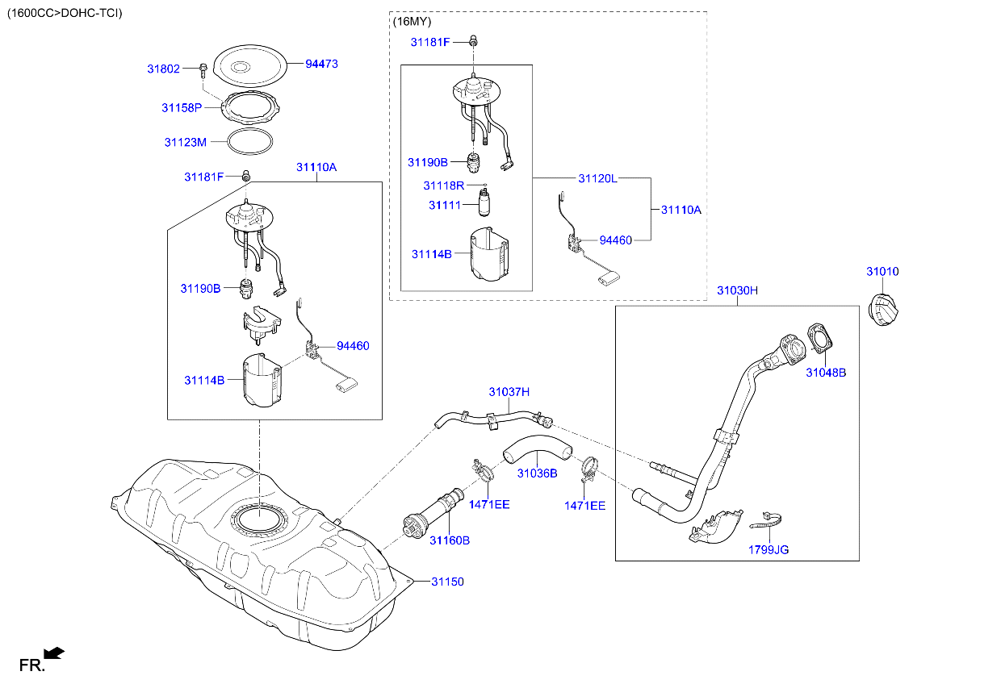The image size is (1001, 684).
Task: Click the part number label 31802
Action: [163, 69]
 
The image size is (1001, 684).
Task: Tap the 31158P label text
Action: [181, 107]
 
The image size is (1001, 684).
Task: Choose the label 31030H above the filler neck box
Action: [737, 290]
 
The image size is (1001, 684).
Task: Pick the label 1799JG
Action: [769, 550]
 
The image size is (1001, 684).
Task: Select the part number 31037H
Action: [509, 392]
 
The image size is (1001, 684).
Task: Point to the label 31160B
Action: [449, 540]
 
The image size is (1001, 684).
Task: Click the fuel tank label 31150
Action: [447, 581]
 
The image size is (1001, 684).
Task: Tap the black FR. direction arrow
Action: [54, 653]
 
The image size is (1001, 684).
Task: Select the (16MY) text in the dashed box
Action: [412, 23]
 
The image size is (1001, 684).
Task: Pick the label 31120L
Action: [597, 177]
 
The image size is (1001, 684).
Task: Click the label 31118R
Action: [444, 186]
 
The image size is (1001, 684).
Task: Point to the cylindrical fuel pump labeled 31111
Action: [486, 205]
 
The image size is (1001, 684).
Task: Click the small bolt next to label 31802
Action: [202, 69]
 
